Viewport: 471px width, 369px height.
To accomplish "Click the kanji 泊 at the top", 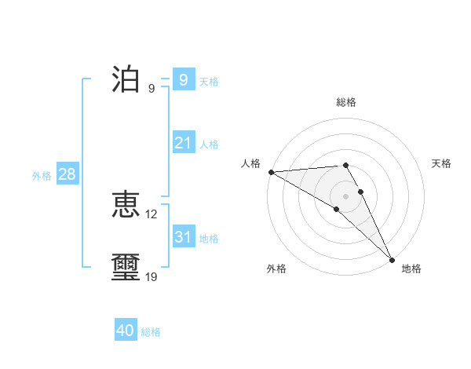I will [x=126, y=79].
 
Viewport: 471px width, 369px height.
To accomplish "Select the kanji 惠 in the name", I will [x=126, y=205].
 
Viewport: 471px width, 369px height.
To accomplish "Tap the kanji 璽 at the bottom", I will [x=126, y=267].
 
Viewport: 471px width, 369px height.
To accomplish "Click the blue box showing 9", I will [x=183, y=79].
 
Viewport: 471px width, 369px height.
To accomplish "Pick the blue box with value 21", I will [x=183, y=143].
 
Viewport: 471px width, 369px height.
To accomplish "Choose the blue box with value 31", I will [x=183, y=236].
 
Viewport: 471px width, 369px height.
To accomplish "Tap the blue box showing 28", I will [x=67, y=174].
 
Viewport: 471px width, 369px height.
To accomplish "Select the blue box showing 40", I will [x=126, y=331].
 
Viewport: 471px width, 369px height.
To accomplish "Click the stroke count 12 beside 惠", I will [x=152, y=214].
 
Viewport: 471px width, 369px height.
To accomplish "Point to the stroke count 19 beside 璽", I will [x=152, y=276].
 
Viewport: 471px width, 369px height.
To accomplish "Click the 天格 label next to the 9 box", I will [x=209, y=82].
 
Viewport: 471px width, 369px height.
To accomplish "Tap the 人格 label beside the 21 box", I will [x=209, y=144].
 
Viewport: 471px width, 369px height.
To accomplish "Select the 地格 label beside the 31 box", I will [x=209, y=239].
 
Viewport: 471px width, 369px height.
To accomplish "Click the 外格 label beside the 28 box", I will [x=42, y=176].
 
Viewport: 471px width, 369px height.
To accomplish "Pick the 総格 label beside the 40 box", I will [x=151, y=332].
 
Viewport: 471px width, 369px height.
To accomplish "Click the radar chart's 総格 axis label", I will [x=346, y=102].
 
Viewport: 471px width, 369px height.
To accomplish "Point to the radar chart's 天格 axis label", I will [x=441, y=163].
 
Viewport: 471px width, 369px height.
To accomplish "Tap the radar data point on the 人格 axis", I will [x=271, y=171].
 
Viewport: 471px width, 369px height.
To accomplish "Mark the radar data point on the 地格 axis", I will [x=392, y=258].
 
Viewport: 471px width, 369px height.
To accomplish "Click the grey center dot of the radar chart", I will [x=346, y=195].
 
